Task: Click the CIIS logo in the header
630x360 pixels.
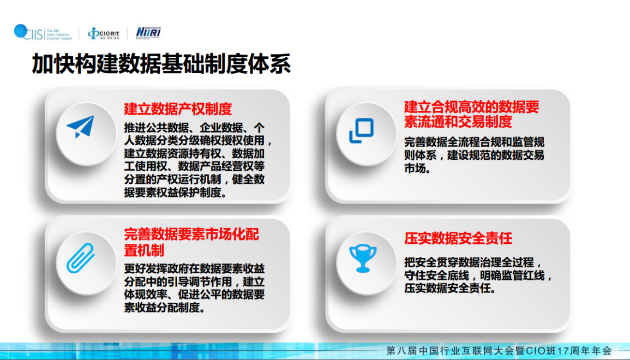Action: point(44,33)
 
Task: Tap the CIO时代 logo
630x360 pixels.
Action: point(103,33)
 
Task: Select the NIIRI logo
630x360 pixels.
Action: point(148,33)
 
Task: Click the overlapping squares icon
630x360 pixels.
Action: point(361,130)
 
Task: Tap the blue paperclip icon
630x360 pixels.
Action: point(80,258)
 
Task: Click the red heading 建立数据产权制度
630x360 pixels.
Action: point(178,109)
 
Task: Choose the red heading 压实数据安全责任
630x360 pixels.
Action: point(458,238)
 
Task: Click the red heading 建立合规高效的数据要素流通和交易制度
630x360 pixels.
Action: point(471,114)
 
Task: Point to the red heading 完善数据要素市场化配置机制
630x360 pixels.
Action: point(191,242)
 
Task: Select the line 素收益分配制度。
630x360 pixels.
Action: point(164,308)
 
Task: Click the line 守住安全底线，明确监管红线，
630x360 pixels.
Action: point(478,275)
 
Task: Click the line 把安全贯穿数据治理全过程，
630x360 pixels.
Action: point(473,263)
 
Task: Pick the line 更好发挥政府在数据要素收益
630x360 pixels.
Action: point(195,269)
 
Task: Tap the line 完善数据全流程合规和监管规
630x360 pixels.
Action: point(474,142)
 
